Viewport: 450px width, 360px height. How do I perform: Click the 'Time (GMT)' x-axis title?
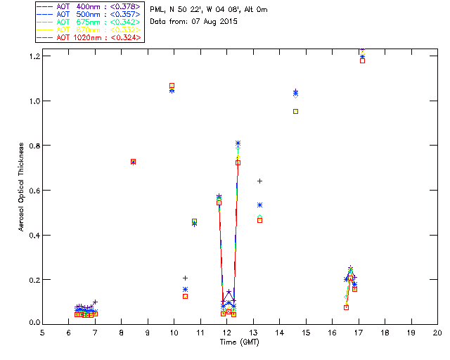pyautogui.click(x=240, y=342)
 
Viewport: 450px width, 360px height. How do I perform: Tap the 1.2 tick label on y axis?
pyautogui.click(x=33, y=56)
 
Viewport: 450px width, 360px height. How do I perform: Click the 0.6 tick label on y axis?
pyautogui.click(x=33, y=191)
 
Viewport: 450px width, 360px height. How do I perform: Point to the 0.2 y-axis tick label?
pyautogui.click(x=33, y=280)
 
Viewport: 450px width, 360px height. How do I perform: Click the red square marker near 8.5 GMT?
pyautogui.click(x=133, y=162)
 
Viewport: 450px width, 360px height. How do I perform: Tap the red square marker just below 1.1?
pyautogui.click(x=172, y=86)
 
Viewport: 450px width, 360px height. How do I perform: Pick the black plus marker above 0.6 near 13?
pyautogui.click(x=259, y=181)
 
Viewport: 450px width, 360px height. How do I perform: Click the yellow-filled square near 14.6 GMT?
pyautogui.click(x=295, y=111)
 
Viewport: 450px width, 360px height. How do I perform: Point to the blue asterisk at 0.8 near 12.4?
pyautogui.click(x=238, y=143)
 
